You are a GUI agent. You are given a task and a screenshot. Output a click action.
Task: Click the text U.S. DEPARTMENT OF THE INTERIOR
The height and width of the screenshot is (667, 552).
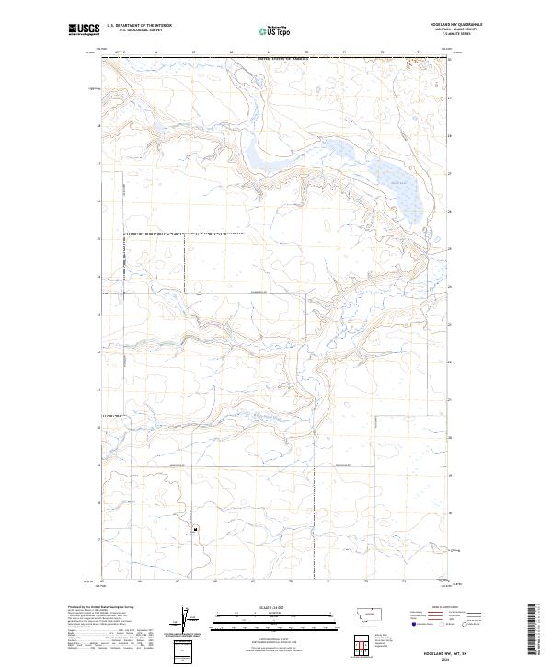(x=139, y=26)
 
